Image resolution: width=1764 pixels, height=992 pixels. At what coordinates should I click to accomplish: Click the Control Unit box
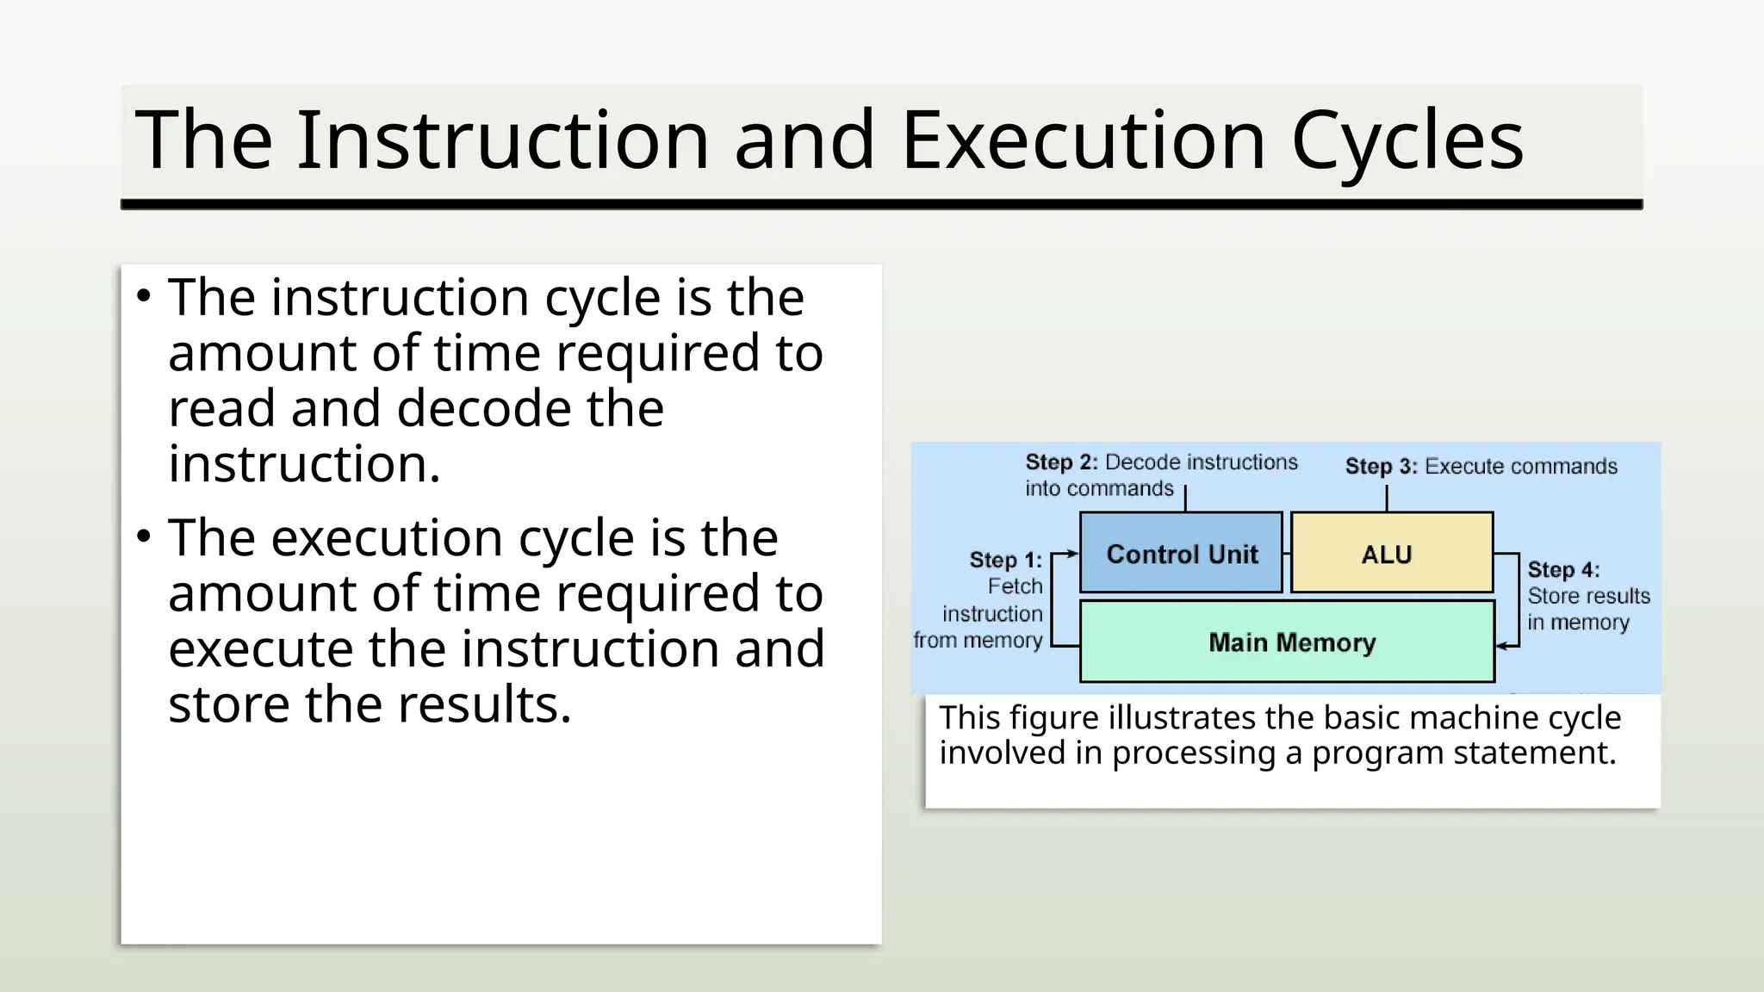[1181, 553]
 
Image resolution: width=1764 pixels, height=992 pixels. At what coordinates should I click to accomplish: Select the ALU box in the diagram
[1391, 553]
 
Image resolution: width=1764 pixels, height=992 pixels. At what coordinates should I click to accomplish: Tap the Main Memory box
[1287, 642]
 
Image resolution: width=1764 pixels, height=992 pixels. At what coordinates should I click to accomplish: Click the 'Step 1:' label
[1005, 560]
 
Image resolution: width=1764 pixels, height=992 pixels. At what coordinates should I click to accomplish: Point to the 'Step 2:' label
[1061, 462]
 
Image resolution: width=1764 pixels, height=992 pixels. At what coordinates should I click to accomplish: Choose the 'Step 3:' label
[1381, 467]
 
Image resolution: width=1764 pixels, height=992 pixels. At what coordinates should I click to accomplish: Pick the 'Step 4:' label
[1563, 570]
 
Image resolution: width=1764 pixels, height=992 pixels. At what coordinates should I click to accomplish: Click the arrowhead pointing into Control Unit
[1072, 554]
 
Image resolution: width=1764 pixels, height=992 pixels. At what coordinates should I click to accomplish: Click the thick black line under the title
[881, 205]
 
